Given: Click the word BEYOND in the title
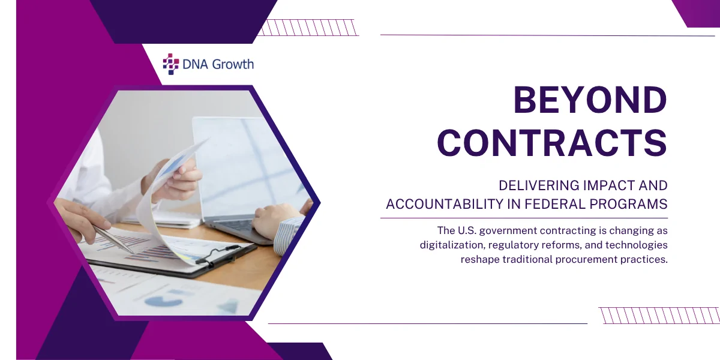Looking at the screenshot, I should pos(590,101).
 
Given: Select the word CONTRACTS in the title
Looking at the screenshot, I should pos(552,143).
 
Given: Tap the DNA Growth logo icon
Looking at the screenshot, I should pos(171,64).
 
